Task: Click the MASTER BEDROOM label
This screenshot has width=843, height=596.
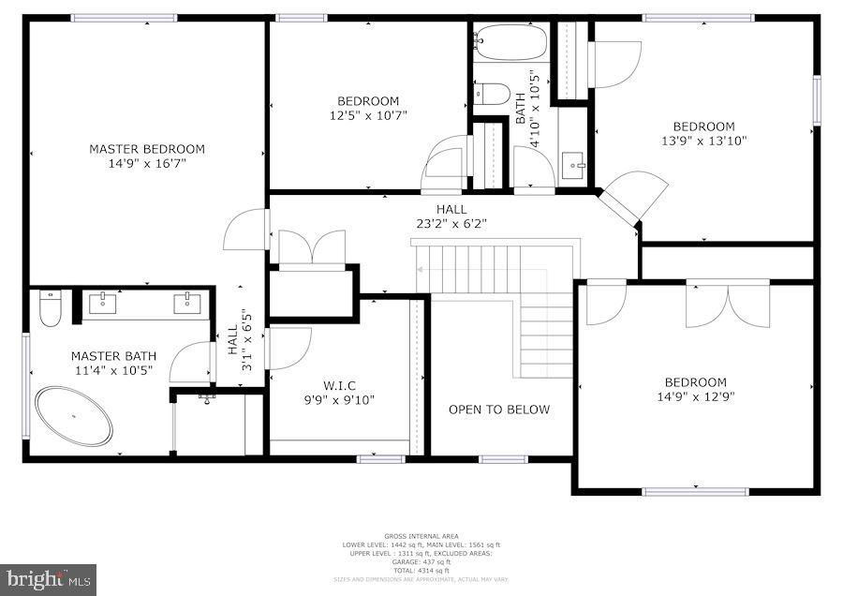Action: point(147,149)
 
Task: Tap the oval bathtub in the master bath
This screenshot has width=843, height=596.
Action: point(74,416)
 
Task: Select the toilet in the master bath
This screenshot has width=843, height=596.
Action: point(51,308)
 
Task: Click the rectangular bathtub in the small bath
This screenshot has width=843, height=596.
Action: point(510,42)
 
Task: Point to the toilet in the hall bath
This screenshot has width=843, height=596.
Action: point(492,94)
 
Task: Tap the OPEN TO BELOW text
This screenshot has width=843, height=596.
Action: point(499,410)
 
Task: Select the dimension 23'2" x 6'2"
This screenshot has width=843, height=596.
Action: point(451,224)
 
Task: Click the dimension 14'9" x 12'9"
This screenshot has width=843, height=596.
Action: point(696,397)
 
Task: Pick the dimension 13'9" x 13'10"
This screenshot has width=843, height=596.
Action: point(703,142)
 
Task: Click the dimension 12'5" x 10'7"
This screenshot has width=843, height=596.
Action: point(368,115)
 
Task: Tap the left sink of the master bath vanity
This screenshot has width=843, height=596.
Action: point(101,303)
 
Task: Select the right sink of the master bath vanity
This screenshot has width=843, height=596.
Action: point(186,303)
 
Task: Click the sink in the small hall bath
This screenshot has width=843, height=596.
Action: point(573,166)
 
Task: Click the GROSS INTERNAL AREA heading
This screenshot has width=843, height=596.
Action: point(421,537)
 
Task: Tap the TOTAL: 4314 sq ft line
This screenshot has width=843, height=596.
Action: point(421,571)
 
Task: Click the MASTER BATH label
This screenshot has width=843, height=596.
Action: point(113,356)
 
